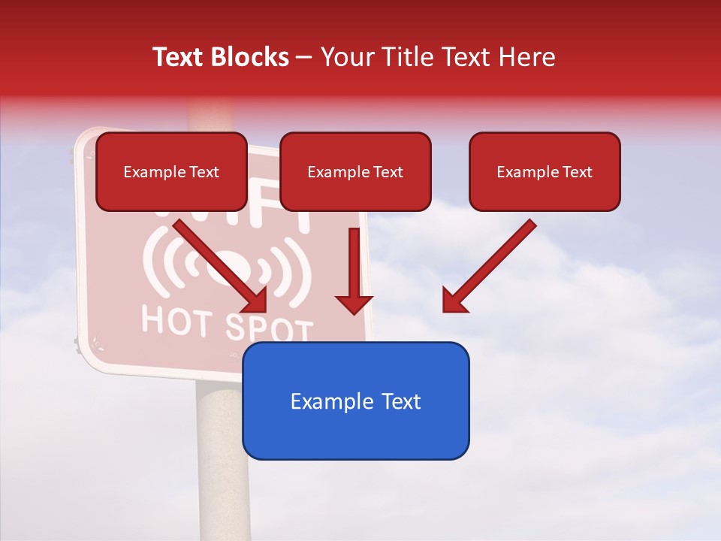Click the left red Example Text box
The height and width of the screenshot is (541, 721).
(171, 171)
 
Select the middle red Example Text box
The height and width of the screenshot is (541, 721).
(355, 171)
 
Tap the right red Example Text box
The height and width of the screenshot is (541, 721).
(545, 171)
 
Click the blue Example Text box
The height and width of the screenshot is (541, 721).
(355, 400)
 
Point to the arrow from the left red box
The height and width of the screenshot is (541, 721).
(218, 263)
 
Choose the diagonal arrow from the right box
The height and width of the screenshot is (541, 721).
(492, 263)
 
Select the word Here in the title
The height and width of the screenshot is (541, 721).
(527, 57)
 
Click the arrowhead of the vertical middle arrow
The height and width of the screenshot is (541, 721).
(354, 304)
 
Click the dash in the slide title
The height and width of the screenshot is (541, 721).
(304, 57)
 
